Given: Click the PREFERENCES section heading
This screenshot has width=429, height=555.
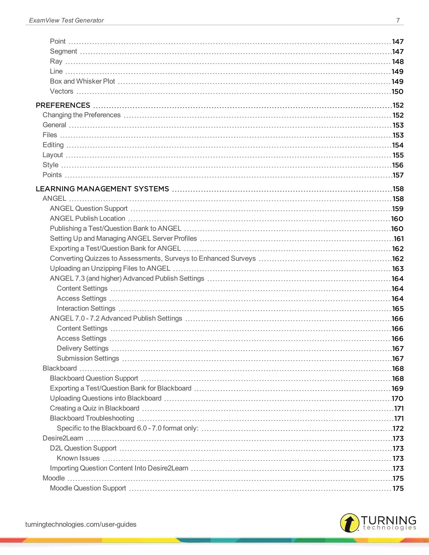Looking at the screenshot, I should (63, 105).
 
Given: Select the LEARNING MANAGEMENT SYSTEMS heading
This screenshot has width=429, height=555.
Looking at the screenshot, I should (102, 189).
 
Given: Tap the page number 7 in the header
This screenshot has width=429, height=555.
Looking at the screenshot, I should (398, 20).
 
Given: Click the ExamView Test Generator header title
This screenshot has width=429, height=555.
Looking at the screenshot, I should (66, 20).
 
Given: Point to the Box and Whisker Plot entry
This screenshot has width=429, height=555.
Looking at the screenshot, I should (82, 81).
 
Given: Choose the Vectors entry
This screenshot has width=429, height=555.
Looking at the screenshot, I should (62, 91).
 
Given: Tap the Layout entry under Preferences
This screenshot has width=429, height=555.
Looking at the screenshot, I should (53, 155).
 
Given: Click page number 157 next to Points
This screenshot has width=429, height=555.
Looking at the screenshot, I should (398, 175).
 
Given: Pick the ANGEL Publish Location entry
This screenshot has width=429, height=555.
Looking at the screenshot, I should (87, 218).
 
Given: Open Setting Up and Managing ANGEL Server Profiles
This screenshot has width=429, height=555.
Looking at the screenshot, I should (123, 238).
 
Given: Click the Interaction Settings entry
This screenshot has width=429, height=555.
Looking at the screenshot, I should (86, 308).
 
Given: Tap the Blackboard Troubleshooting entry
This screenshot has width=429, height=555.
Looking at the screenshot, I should (92, 418).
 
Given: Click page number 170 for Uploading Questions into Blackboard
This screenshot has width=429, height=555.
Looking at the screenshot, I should (398, 399).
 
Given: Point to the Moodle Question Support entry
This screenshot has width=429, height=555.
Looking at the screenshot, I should (88, 488).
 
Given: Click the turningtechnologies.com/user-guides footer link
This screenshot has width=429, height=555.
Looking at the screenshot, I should (81, 524).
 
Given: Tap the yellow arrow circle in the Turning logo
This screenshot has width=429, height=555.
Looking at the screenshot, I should (349, 523).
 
